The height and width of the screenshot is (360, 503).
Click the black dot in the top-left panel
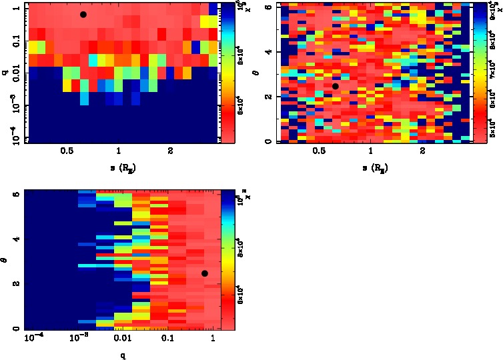tap(83, 14)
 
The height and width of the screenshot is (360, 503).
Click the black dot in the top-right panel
tap(336, 86)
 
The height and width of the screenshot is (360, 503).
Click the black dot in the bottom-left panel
tap(205, 273)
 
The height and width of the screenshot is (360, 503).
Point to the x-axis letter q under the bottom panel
tap(123, 355)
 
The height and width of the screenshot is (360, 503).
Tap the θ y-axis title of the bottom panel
tap(6, 263)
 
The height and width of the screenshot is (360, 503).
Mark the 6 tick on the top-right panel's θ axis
tap(268, 6)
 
